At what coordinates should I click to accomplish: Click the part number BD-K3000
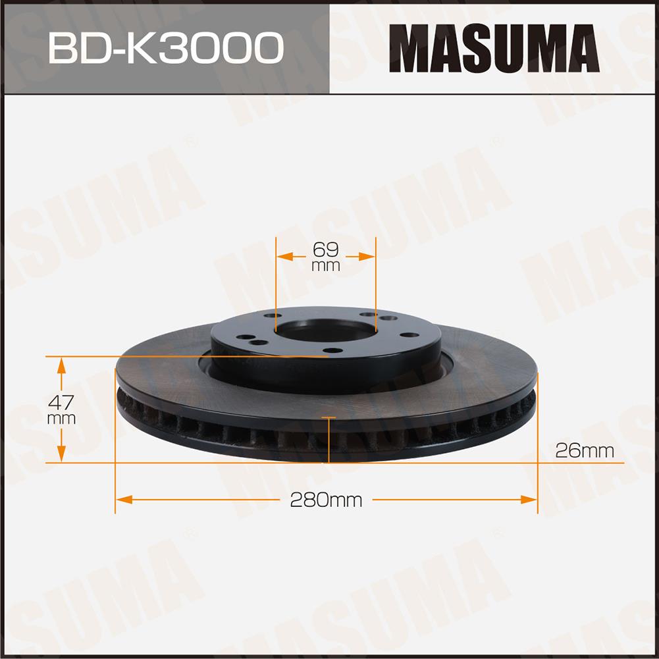click(x=166, y=48)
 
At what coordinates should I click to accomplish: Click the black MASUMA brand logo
click(x=494, y=48)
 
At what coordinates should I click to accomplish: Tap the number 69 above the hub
click(x=325, y=250)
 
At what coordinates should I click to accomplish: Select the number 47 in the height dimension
click(x=61, y=402)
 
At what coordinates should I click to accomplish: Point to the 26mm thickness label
click(x=585, y=451)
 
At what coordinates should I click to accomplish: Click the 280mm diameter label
click(x=326, y=500)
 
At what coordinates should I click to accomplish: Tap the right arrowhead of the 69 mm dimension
click(x=367, y=256)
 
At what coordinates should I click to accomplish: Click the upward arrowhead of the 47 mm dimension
click(x=61, y=365)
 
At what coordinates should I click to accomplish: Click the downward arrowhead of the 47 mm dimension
click(x=61, y=454)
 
